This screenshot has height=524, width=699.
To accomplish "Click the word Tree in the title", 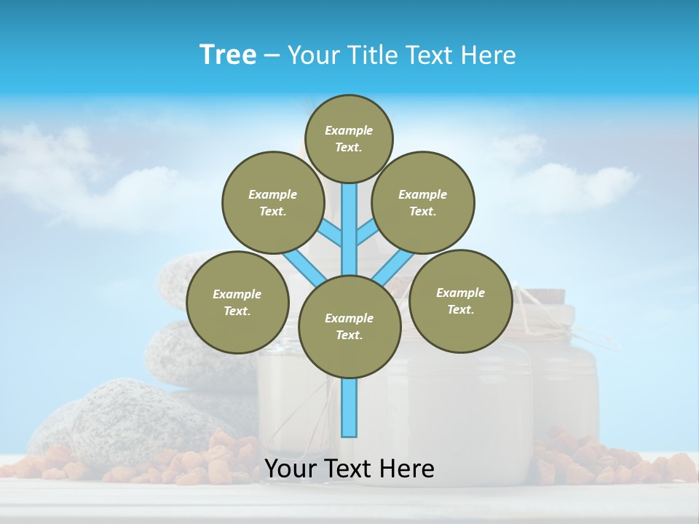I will click(228, 55).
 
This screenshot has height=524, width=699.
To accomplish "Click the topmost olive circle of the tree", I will click(349, 138).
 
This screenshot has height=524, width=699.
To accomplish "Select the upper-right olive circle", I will click(423, 202).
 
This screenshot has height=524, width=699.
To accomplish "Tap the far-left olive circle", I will click(237, 302).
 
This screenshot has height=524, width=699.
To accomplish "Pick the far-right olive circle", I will click(460, 301).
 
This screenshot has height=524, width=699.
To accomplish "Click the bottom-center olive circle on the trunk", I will click(349, 326).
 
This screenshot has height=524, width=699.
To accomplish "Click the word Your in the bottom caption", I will click(291, 469).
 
